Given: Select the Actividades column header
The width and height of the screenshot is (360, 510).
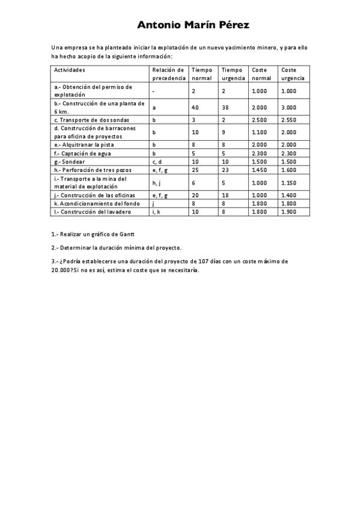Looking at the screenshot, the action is pos(70,70).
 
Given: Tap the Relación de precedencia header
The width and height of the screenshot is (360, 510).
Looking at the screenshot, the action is pos(168,74).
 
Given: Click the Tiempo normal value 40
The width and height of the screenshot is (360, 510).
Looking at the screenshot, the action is pos(195,107).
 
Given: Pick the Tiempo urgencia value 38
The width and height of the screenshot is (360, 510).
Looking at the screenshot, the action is pos(225,107).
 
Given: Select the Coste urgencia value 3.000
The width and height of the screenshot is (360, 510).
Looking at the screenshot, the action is pos(289,107).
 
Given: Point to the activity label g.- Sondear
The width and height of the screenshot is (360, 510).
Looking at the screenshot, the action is pos(70,162).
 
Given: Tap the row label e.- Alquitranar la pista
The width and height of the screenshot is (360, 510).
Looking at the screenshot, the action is pos(84,145).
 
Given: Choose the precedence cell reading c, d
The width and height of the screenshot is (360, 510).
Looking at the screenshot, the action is pos(157,162).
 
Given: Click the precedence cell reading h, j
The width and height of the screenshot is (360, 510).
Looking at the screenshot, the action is pos(157,183).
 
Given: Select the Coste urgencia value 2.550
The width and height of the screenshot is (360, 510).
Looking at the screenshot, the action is pos(289,120).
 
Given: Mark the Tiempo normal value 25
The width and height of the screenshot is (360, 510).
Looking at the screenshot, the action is pos(195,170).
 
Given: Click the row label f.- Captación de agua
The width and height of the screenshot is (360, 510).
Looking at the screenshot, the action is pos(82,153).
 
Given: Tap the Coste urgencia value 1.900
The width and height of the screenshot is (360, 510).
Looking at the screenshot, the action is pos(289,212).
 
